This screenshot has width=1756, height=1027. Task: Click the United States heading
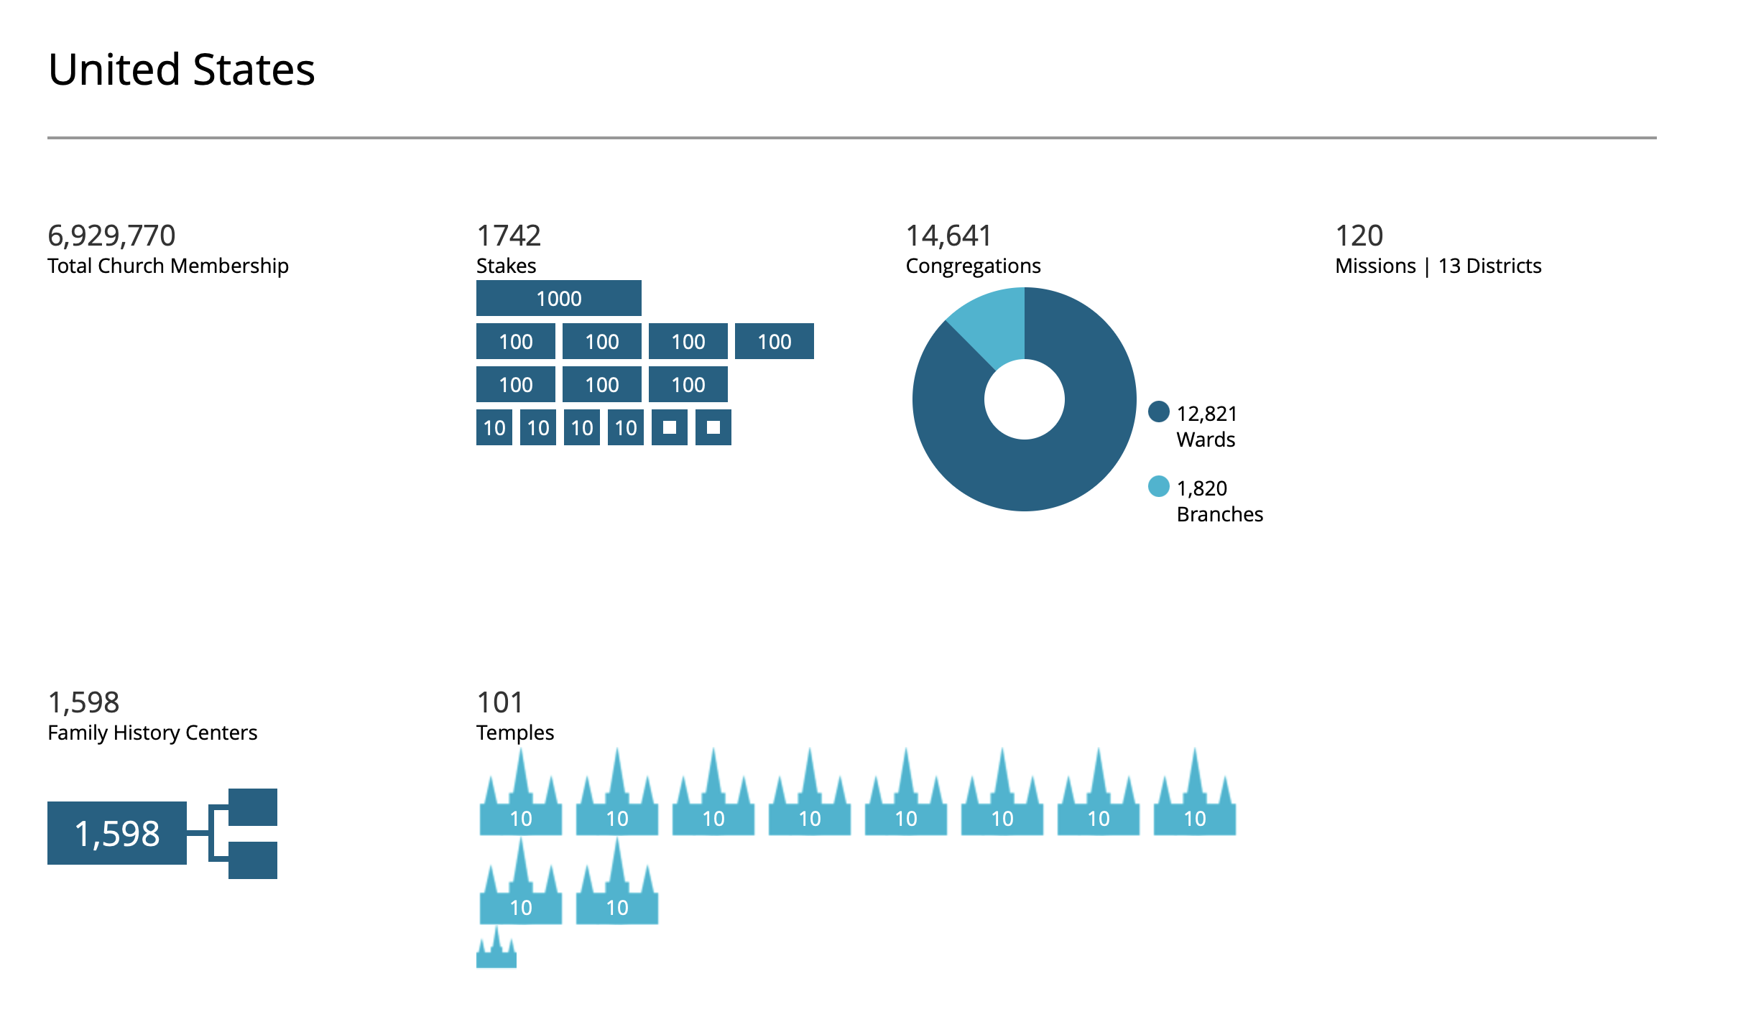pos(181,70)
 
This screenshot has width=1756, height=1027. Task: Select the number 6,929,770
pos(111,236)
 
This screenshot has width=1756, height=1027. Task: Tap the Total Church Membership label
pos(167,266)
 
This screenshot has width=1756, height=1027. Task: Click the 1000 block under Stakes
pos(558,298)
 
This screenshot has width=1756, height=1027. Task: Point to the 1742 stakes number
pos(509,236)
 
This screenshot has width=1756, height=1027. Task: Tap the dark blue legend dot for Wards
pos(1158,412)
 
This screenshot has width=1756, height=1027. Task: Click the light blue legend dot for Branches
pos(1158,486)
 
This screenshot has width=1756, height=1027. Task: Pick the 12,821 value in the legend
pos(1207,414)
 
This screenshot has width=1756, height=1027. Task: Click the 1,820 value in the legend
pos(1202,488)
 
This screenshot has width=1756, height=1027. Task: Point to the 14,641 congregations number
pos(948,236)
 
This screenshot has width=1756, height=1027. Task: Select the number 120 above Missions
pos(1359,236)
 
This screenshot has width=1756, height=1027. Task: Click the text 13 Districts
pos(1489,266)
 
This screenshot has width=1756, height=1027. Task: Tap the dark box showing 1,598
pos(117,833)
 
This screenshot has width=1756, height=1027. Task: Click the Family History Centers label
pos(152,733)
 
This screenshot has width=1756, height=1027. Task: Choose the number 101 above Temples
pos(500,702)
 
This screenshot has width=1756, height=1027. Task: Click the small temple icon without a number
pos(496,952)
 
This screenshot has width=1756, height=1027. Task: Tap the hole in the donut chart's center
pos(1024,399)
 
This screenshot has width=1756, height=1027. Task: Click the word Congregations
pos(973,266)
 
